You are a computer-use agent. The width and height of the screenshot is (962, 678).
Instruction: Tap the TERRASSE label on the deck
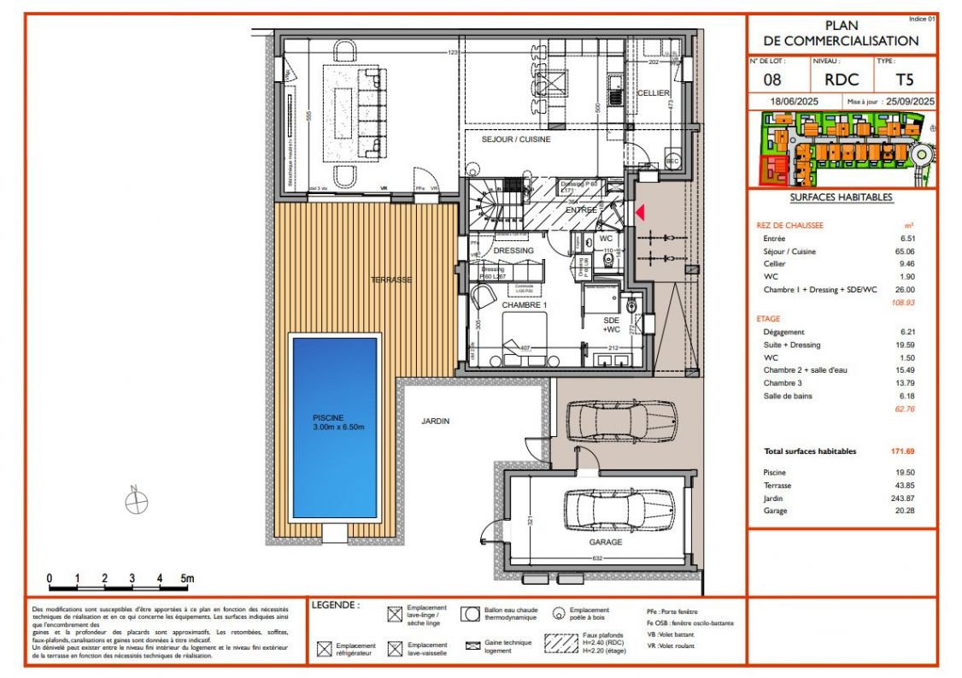(390, 280)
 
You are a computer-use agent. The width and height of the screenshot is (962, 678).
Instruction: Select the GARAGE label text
(605, 541)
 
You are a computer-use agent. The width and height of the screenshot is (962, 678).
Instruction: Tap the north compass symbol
(136, 503)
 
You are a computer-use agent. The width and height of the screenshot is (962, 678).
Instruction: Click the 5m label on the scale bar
(187, 579)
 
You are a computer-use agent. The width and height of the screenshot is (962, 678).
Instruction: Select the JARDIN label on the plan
(435, 421)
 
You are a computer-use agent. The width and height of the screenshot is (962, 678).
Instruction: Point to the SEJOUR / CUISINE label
(516, 139)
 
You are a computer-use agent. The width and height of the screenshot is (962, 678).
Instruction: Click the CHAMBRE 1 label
(524, 305)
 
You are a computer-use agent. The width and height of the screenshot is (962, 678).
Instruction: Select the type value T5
(904, 80)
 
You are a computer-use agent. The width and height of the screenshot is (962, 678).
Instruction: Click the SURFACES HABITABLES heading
(841, 198)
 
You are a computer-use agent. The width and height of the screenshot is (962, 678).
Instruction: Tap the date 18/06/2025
(795, 102)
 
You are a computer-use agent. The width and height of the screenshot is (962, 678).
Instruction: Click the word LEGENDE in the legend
(336, 605)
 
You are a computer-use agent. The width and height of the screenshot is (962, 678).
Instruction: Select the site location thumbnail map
(842, 150)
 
